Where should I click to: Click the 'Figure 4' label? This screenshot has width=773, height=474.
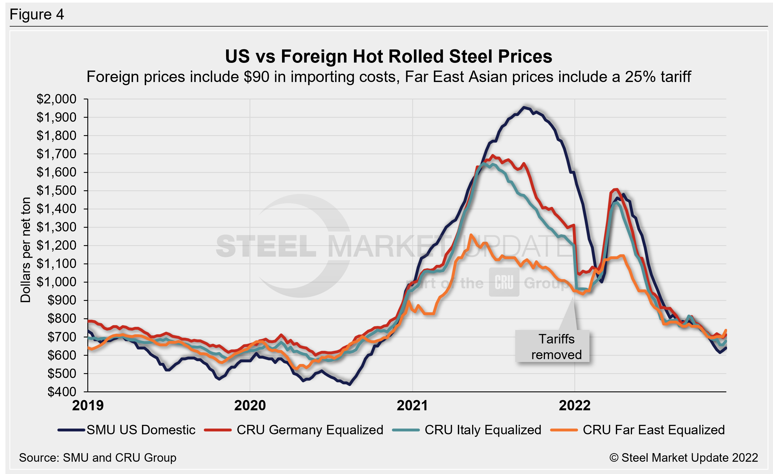click(x=37, y=15)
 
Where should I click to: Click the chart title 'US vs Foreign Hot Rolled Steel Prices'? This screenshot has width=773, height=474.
click(x=388, y=57)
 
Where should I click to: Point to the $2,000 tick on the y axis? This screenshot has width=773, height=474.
click(x=57, y=99)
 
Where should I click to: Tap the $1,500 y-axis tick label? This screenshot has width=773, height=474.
click(x=57, y=191)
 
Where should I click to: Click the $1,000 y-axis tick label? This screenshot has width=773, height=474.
click(x=57, y=282)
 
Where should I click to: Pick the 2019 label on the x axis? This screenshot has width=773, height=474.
click(x=88, y=405)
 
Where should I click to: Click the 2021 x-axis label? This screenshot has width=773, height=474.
click(x=412, y=405)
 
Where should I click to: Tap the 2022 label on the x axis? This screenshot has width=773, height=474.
click(x=574, y=405)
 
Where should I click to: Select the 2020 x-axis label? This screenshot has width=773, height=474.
click(x=250, y=405)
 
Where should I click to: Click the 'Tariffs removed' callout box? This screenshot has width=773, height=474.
click(x=552, y=346)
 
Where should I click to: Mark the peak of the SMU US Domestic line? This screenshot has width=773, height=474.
click(x=523, y=107)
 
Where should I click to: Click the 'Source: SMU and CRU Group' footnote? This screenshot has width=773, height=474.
click(x=98, y=458)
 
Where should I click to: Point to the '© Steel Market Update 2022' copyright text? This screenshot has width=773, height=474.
click(x=683, y=458)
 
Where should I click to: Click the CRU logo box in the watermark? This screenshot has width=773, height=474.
click(x=504, y=282)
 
